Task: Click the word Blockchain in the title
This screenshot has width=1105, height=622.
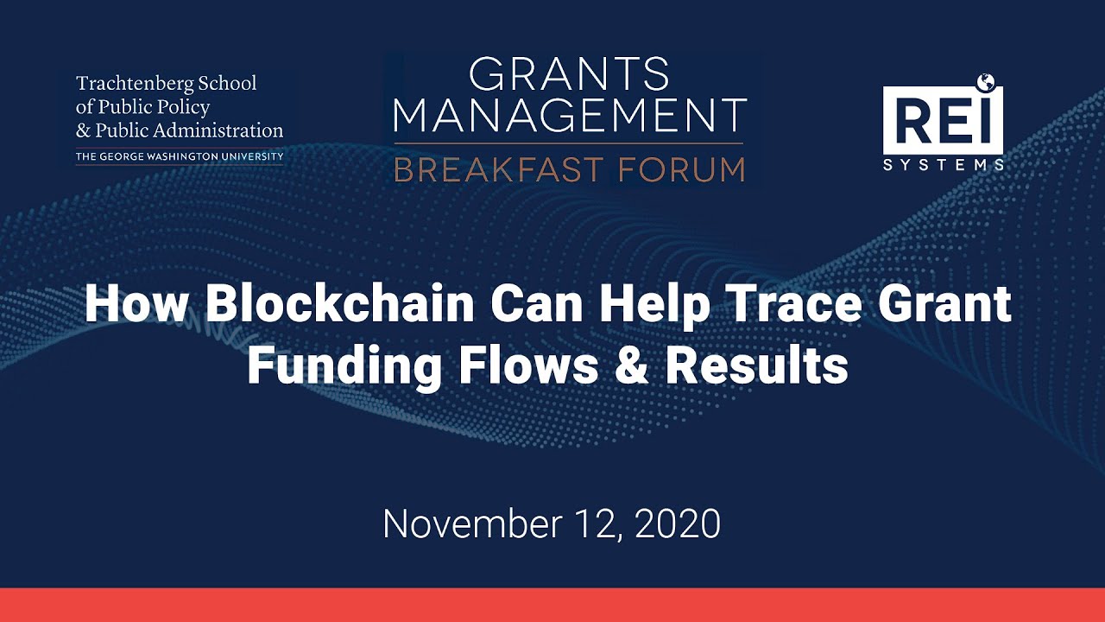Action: click(x=340, y=305)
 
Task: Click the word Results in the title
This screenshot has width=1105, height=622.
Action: click(x=756, y=366)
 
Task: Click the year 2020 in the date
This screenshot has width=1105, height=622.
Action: click(x=678, y=524)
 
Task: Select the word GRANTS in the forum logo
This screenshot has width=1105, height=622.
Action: click(x=570, y=75)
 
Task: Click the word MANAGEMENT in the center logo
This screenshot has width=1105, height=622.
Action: click(x=571, y=116)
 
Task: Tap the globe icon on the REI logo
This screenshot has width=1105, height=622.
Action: click(x=986, y=83)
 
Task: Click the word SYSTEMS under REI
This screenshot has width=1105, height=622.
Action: click(x=944, y=164)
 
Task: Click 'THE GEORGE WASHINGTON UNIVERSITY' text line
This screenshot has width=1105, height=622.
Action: click(x=180, y=157)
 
